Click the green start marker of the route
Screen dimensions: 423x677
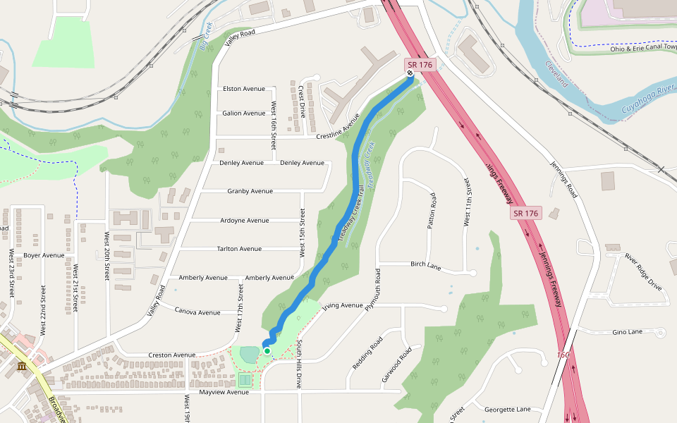(267, 350)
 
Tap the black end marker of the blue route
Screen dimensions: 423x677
(410, 73)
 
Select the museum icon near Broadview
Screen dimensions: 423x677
(22, 367)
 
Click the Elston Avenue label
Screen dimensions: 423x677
(243, 89)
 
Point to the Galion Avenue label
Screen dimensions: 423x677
(243, 113)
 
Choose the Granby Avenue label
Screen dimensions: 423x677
(250, 191)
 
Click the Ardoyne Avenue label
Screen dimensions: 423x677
(244, 220)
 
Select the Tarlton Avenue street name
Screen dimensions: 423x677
(239, 249)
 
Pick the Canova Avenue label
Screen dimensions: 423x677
(197, 312)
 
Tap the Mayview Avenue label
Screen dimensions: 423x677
(224, 392)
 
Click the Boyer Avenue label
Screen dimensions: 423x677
(44, 255)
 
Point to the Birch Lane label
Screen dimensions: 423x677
(425, 266)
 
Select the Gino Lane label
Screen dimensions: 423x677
(628, 331)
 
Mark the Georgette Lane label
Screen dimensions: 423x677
(508, 409)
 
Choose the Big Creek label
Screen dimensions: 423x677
(205, 37)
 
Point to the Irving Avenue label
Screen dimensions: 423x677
(342, 306)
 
